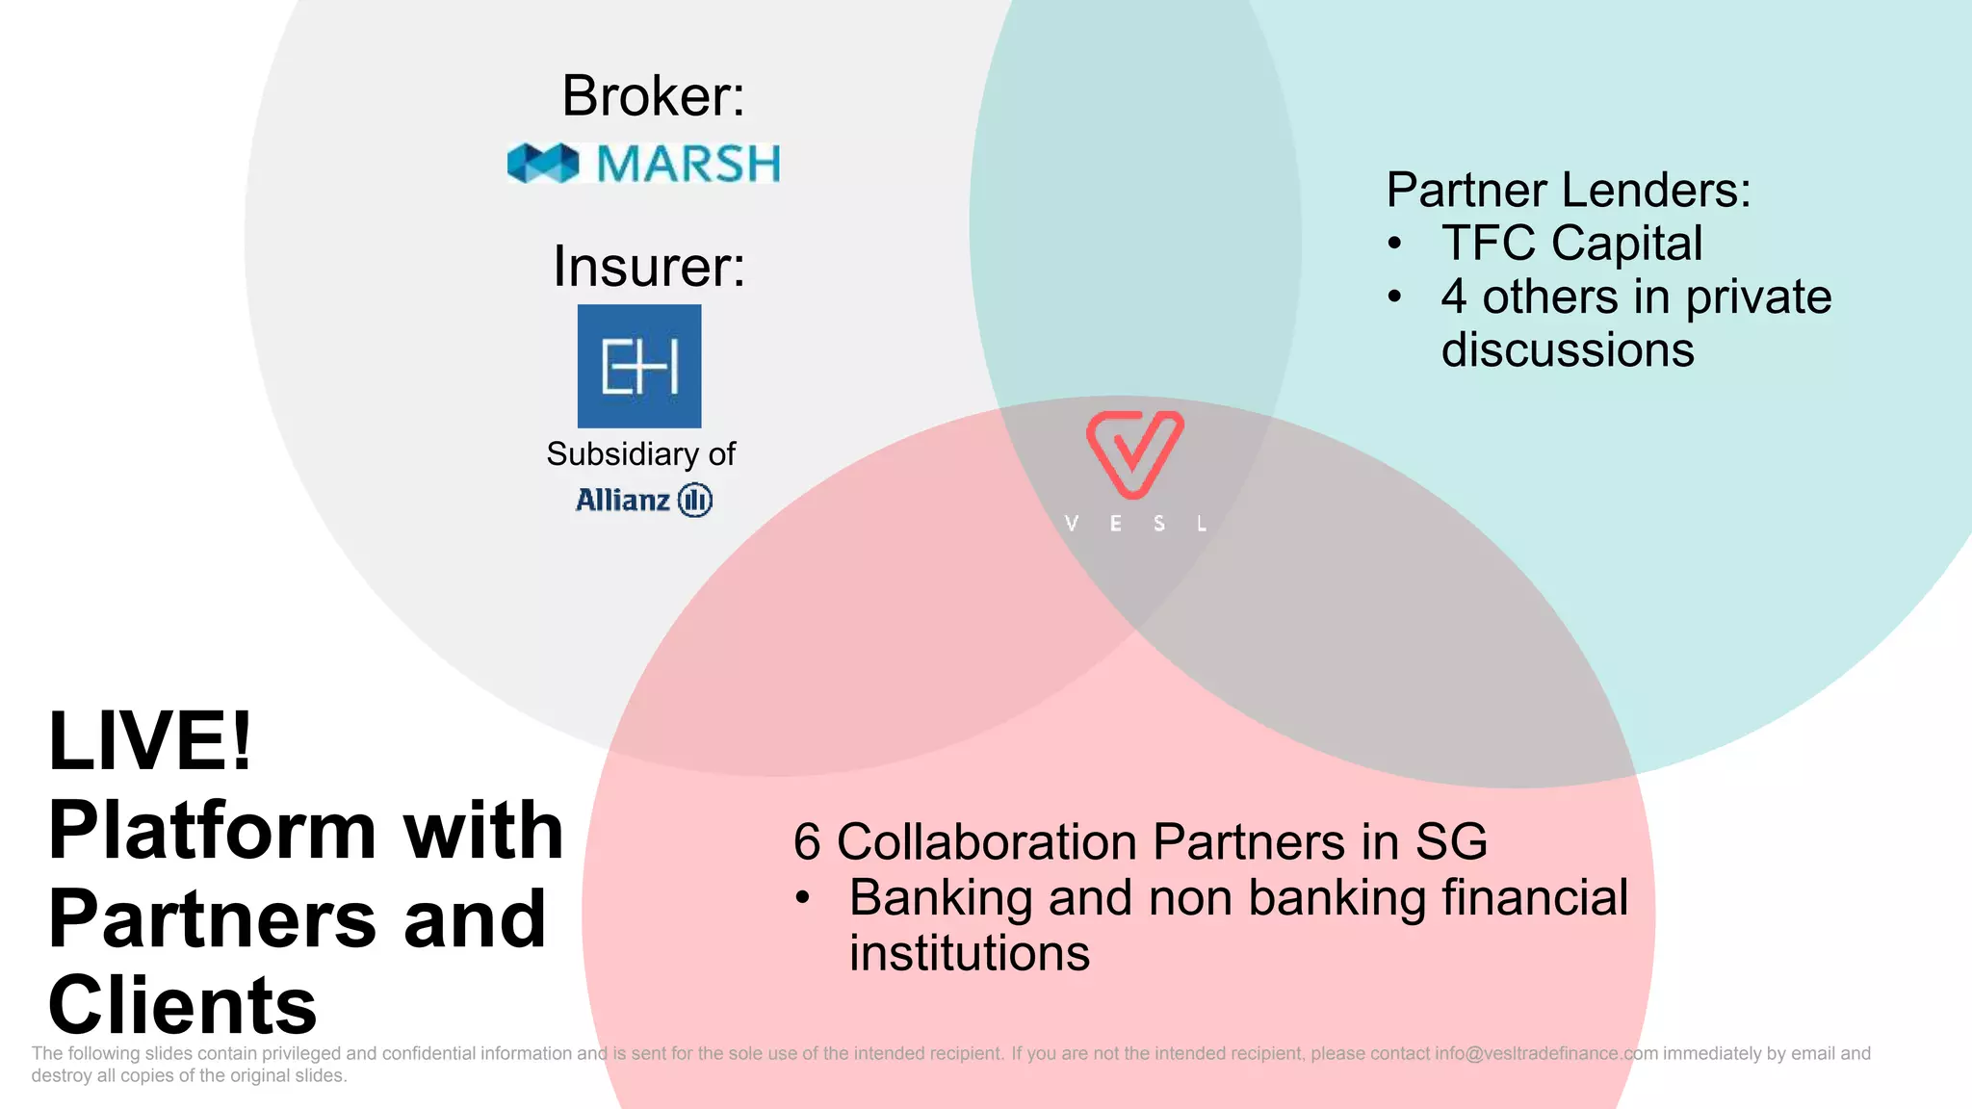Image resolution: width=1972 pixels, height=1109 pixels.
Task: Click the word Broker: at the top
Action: [653, 96]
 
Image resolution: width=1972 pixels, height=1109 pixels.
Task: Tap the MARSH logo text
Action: [688, 164]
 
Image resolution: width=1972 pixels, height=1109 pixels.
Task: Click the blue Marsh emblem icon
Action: [543, 164]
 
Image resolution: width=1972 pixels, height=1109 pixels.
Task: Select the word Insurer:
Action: [649, 267]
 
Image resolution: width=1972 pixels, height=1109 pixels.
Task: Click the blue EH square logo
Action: [639, 366]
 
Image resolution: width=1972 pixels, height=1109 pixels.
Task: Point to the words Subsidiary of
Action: [640, 454]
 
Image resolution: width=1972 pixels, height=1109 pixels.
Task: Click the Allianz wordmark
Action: [623, 501]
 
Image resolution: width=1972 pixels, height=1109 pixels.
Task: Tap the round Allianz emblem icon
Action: [695, 501]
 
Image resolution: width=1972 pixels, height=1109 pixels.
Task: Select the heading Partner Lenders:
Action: [1568, 190]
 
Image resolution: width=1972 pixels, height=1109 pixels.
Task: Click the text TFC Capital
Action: [1571, 243]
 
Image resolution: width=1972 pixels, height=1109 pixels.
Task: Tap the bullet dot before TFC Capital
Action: [1394, 244]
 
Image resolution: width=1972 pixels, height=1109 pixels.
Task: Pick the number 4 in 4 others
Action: [1454, 297]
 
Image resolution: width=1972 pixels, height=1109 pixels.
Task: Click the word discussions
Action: [1568, 349]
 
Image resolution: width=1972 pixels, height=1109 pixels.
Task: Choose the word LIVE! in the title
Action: [150, 741]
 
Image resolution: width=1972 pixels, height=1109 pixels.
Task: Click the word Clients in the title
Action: [182, 1005]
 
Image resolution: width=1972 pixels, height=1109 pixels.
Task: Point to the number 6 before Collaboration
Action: [807, 842]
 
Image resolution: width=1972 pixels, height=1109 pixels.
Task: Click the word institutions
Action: [970, 953]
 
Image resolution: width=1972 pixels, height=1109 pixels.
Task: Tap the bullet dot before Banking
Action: [803, 898]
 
